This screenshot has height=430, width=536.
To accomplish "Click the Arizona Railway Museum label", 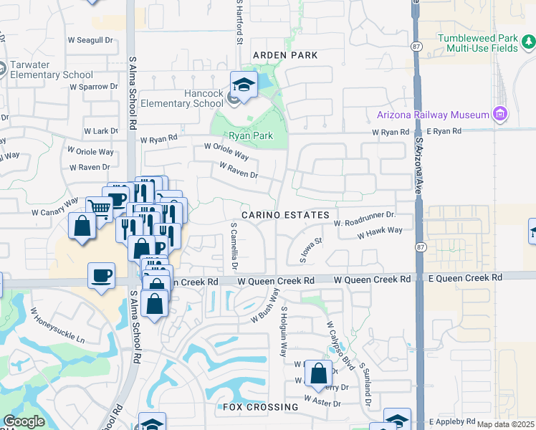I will pyautogui.click(x=432, y=115).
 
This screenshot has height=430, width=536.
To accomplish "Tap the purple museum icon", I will pyautogui.click(x=499, y=115).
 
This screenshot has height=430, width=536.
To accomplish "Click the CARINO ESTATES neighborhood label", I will pyautogui.click(x=285, y=215).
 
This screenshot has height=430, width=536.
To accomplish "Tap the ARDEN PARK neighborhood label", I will pyautogui.click(x=284, y=55).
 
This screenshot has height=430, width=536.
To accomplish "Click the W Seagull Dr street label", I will pyautogui.click(x=91, y=41).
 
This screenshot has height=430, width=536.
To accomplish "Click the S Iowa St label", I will pyautogui.click(x=307, y=251).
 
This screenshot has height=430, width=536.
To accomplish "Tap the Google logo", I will pyautogui.click(x=24, y=421).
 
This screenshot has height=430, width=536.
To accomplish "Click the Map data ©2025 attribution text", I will pyautogui.click(x=506, y=424).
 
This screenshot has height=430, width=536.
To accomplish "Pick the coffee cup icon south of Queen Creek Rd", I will pyautogui.click(x=101, y=276).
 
